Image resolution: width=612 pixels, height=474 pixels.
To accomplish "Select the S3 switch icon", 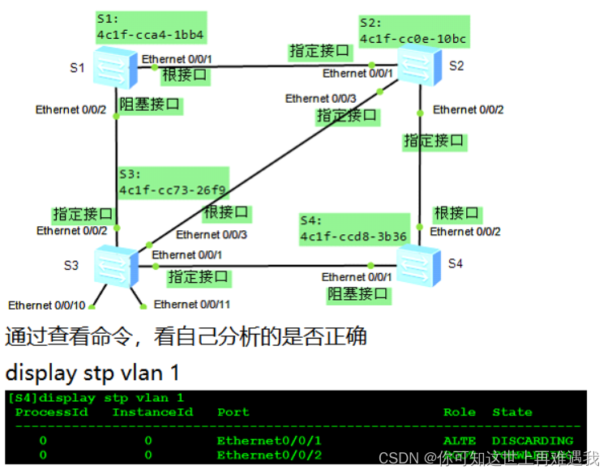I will point(116,265).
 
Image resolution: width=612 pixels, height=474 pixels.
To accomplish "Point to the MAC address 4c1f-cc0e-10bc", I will point(413,38).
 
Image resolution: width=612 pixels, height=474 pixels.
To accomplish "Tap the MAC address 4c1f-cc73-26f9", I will point(173,190).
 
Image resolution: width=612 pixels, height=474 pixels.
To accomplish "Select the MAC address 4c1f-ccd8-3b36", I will point(353,237).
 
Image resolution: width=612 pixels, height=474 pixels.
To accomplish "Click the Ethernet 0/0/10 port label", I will point(46,305).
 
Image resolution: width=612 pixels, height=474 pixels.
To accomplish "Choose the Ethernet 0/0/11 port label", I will point(191,305).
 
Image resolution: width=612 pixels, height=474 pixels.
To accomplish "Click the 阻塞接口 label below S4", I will point(358,294).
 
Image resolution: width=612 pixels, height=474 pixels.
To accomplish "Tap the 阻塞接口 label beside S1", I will point(149,104).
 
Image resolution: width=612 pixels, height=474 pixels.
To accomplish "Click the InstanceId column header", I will point(152,412).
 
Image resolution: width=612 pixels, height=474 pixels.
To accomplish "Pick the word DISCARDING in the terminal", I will point(533,440).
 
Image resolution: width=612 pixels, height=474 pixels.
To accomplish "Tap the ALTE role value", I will point(460,440).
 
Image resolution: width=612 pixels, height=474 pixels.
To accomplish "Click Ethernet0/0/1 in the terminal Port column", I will point(269,440).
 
